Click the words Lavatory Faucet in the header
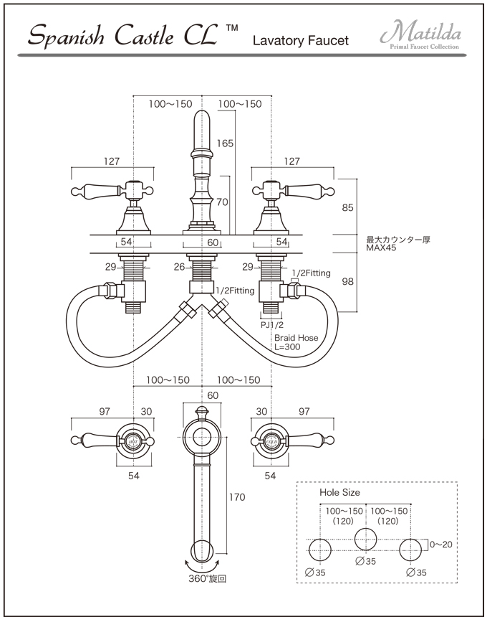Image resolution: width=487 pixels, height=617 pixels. click(x=300, y=41)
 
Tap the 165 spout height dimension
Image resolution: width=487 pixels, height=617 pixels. click(x=226, y=143)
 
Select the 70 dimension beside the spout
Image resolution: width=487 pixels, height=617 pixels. click(x=222, y=202)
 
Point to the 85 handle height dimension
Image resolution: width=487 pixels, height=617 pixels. click(x=348, y=208)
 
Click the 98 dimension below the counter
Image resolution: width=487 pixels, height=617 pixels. click(x=348, y=282)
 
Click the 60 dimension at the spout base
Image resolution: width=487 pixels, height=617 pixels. click(x=213, y=243)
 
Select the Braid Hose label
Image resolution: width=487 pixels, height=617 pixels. click(x=296, y=338)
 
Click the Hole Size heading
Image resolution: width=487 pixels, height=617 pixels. click(x=339, y=493)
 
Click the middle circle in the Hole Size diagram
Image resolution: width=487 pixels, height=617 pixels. click(x=366, y=539)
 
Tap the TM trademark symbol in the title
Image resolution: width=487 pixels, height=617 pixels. click(x=231, y=28)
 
